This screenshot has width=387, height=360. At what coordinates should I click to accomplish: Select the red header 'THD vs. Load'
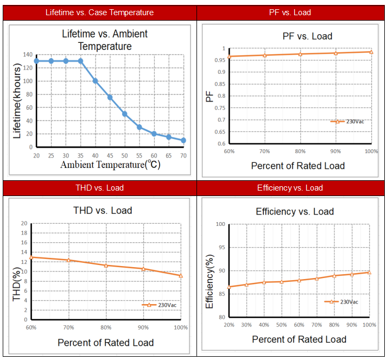point(99,188)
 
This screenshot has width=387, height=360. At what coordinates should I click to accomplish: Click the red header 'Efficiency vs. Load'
point(290,188)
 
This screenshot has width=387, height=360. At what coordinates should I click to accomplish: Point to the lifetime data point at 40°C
point(95,81)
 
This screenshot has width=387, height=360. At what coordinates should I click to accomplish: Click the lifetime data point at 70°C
point(183,140)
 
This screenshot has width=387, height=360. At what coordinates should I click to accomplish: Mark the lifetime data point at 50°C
point(124,113)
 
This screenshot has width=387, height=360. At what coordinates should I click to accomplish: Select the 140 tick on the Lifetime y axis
point(28,55)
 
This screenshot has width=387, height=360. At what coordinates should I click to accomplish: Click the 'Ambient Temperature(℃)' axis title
point(110,164)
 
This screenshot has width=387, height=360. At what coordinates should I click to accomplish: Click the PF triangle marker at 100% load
point(371,52)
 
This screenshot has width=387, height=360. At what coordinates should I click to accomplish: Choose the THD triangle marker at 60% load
point(31,257)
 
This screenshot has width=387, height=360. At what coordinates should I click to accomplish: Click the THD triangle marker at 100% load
point(181,275)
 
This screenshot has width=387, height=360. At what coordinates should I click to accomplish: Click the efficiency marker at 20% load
point(229,287)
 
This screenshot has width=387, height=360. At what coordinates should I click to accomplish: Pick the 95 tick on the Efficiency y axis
point(220,248)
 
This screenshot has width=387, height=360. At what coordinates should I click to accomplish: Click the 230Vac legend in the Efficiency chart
point(341,301)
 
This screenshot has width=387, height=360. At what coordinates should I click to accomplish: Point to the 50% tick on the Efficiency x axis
point(281,325)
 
